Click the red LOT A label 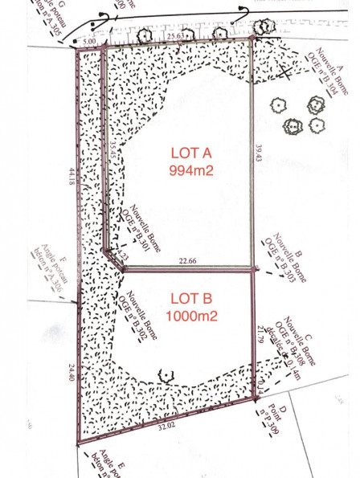(x=190, y=153)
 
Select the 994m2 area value (x=190, y=170)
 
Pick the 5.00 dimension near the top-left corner (x=88, y=39)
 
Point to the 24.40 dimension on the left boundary (x=71, y=372)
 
